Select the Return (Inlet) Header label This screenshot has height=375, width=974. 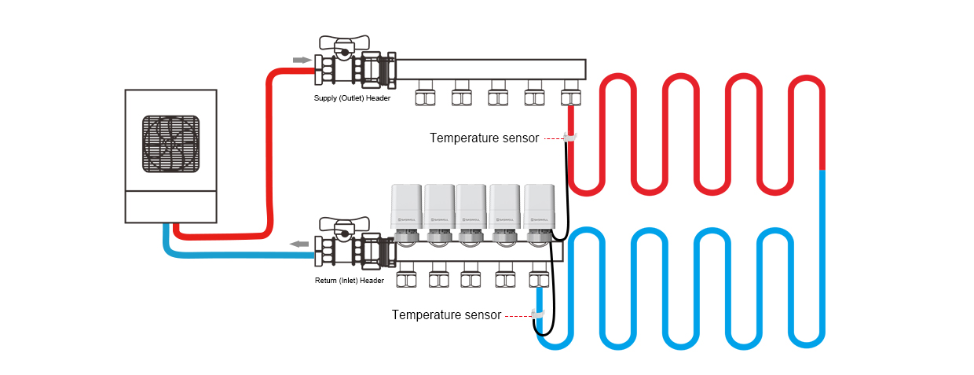click(350, 281)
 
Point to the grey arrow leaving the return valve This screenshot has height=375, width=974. click(299, 244)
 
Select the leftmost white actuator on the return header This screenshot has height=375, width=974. click(407, 206)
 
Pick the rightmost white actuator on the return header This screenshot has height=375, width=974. click(540, 206)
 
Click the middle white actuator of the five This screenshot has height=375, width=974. click(473, 206)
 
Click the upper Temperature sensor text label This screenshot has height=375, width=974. click(484, 138)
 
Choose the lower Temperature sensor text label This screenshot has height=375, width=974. click(446, 315)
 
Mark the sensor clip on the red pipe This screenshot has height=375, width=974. click(571, 138)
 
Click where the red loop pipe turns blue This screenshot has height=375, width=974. click(821, 169)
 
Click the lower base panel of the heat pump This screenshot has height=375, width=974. click(170, 206)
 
